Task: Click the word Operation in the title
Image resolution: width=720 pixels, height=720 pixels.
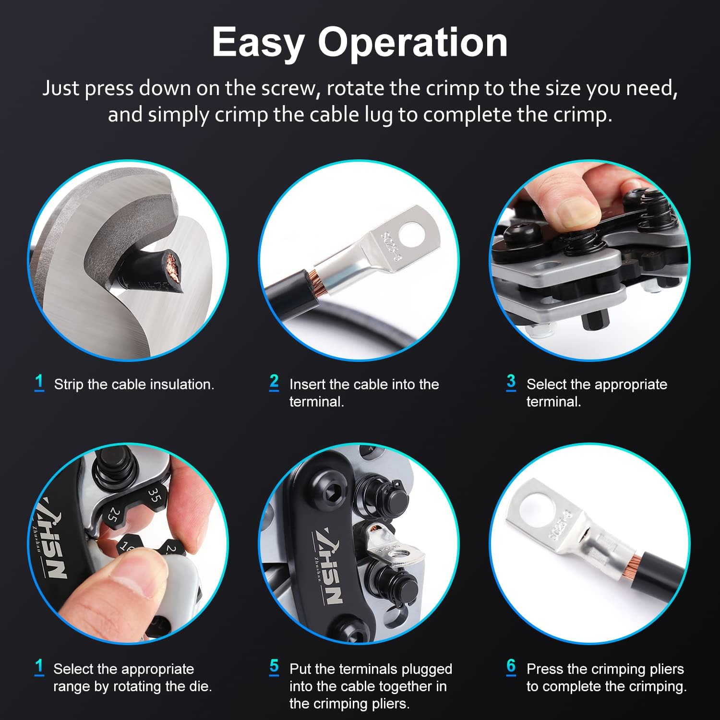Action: click(413, 43)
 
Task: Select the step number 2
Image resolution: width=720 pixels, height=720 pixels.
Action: click(274, 383)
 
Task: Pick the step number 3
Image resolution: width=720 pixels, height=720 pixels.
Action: click(511, 383)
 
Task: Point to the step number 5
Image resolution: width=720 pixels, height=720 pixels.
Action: click(274, 667)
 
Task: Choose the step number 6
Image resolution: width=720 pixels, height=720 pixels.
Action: click(511, 667)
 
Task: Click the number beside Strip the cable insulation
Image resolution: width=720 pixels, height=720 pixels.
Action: click(39, 383)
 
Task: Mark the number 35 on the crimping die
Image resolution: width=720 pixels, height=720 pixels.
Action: click(155, 496)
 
